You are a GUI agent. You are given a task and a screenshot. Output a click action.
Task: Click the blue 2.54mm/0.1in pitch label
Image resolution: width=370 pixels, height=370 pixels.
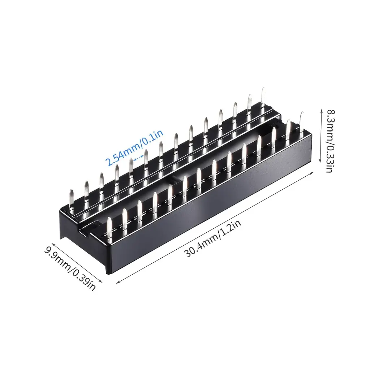(x=134, y=148)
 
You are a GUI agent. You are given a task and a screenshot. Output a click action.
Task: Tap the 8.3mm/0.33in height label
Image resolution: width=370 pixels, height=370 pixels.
(x=330, y=141)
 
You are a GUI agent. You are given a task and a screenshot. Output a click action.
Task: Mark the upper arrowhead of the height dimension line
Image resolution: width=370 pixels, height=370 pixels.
(x=321, y=111)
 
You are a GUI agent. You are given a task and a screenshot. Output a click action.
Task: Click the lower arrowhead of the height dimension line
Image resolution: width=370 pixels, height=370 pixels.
(x=320, y=161)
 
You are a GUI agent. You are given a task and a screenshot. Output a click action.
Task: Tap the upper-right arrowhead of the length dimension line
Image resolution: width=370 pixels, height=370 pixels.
(x=312, y=173)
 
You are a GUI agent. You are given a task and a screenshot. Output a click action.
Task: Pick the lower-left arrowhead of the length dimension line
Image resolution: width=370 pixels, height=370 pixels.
(x=118, y=281)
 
